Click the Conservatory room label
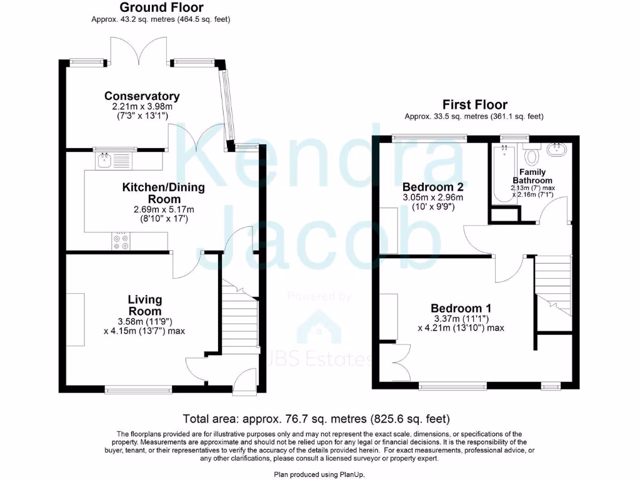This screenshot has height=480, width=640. [142, 96]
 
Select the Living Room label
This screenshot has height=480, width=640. [145, 306]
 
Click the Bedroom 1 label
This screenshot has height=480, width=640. [461, 308]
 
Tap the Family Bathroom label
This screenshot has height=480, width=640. [532, 176]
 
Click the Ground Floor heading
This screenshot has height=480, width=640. [161, 7]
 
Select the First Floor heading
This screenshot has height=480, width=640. [474, 104]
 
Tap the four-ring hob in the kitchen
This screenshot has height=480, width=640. [121, 241]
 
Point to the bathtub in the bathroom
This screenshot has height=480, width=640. [502, 175]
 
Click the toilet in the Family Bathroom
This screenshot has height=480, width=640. [532, 154]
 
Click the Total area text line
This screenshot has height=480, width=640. [316, 419]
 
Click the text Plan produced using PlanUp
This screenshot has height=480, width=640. [319, 475]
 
